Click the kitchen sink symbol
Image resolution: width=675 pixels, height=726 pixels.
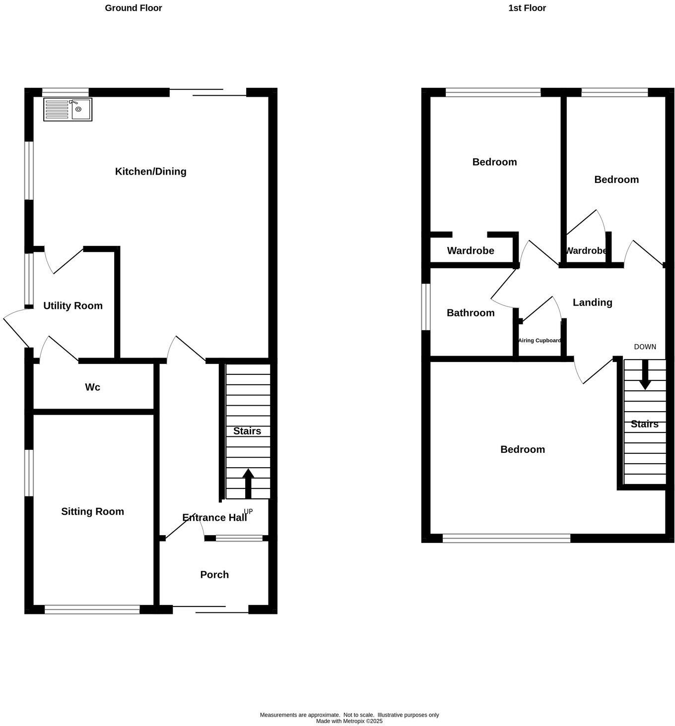[67, 110]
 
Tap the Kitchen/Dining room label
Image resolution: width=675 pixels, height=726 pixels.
[150, 172]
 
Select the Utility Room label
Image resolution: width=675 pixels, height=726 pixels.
[73, 305]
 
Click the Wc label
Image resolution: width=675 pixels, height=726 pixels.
[92, 387]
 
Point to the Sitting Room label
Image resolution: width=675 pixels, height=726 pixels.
[92, 511]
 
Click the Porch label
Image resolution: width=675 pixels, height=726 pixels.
[214, 574]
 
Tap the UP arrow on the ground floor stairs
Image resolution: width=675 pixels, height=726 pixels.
[248, 484]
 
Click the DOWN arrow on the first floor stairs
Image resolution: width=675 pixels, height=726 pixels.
[645, 374]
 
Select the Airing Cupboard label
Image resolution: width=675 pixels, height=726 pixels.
[540, 341]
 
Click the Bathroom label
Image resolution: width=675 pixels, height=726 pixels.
[471, 312]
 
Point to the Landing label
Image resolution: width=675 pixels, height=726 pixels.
[592, 302]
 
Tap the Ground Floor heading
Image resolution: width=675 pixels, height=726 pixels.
[133, 8]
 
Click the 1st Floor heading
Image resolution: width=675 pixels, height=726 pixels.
[527, 8]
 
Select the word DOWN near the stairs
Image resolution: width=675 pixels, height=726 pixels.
[645, 347]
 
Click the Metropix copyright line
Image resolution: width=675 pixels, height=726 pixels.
[349, 721]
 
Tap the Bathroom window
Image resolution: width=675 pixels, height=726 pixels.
[425, 306]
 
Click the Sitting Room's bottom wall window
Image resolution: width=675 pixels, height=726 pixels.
[92, 609]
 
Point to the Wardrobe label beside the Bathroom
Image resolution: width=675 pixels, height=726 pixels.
[471, 250]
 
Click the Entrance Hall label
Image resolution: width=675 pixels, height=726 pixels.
[214, 517]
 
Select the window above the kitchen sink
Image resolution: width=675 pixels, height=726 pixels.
[65, 92]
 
